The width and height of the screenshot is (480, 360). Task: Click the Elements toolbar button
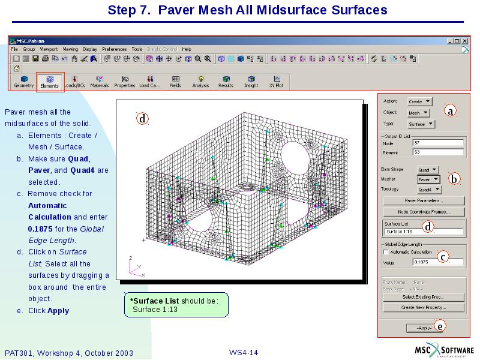(50, 82)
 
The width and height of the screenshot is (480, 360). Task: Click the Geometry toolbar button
(24, 82)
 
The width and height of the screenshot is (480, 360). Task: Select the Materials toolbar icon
(100, 82)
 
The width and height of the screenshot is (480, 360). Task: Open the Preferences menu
(114, 49)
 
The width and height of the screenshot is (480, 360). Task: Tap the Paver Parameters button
(424, 200)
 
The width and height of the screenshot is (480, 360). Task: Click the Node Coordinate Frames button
(424, 212)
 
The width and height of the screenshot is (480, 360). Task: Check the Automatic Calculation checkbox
(386, 252)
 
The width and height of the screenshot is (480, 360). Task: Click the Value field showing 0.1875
(437, 262)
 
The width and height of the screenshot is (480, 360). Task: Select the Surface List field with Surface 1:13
(423, 232)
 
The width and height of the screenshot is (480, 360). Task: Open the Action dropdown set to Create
(419, 101)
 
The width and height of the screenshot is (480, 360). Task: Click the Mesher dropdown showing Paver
(428, 179)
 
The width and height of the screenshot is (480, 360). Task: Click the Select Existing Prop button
(424, 297)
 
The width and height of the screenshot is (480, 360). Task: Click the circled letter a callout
(450, 110)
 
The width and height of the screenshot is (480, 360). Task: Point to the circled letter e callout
(440, 326)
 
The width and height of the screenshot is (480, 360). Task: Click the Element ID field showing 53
(437, 152)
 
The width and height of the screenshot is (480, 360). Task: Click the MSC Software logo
(445, 351)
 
